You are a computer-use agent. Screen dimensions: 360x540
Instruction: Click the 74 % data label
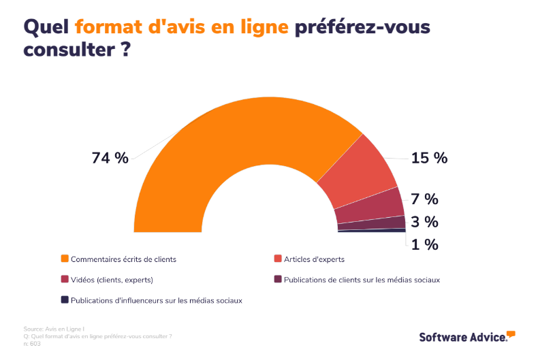click(x=110, y=158)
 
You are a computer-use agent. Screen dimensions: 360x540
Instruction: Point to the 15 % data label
click(x=429, y=158)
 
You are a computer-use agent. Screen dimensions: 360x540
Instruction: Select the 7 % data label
click(x=424, y=199)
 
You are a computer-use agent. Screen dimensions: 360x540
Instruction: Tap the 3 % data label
click(x=424, y=222)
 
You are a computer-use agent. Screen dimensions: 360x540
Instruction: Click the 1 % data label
click(x=424, y=244)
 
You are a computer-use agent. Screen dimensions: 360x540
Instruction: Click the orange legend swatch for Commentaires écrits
click(x=65, y=259)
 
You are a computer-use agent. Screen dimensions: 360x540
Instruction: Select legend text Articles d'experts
click(x=314, y=259)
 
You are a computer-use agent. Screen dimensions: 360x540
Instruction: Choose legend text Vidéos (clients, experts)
click(x=112, y=279)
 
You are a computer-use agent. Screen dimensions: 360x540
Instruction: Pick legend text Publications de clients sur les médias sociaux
click(x=362, y=279)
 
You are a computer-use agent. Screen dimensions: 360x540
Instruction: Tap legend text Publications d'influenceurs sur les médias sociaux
click(x=156, y=299)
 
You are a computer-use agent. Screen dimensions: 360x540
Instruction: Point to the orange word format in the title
click(x=105, y=27)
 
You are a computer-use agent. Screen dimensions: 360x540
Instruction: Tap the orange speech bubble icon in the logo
click(x=511, y=333)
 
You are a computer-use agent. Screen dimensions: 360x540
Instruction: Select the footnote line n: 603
click(x=32, y=344)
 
